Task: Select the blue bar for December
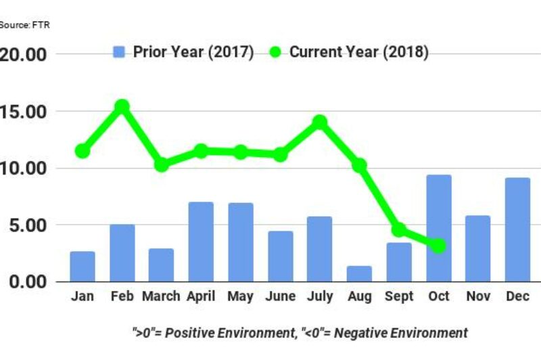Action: click(x=518, y=229)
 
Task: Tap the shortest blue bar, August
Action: click(x=359, y=273)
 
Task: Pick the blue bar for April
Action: click(x=201, y=242)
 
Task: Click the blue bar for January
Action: click(x=83, y=266)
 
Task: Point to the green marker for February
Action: click(x=122, y=106)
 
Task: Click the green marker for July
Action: click(x=320, y=122)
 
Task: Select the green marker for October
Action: click(x=438, y=246)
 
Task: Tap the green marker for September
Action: click(x=399, y=229)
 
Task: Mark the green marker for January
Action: click(x=83, y=151)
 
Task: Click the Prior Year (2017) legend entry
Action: click(x=183, y=53)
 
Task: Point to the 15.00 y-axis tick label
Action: click(x=24, y=111)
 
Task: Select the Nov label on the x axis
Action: click(x=478, y=297)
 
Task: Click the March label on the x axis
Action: click(x=161, y=297)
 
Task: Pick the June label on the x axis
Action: click(x=280, y=297)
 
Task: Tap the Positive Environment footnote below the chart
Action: click(x=300, y=333)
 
